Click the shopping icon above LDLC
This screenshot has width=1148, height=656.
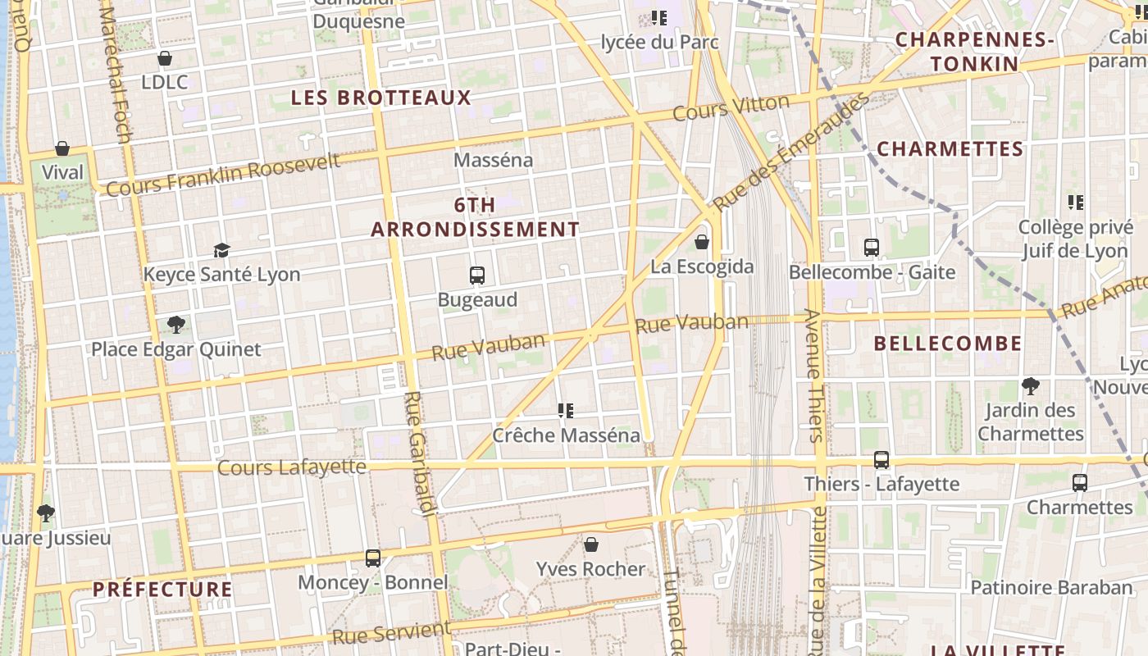coord(165,58)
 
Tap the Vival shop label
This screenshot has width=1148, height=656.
coord(62,172)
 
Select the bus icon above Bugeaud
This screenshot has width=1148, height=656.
coord(477,276)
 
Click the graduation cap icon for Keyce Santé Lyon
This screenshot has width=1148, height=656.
coord(221,250)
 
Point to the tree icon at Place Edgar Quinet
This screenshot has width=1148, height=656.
coord(175,325)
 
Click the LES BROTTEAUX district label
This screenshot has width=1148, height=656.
coord(381,98)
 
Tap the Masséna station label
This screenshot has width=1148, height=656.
coord(494,160)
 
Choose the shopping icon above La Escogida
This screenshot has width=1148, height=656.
coord(702,242)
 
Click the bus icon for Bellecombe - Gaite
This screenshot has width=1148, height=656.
coord(872,247)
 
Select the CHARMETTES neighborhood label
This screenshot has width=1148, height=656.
coord(950,149)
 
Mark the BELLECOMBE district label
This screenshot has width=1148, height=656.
coord(948,344)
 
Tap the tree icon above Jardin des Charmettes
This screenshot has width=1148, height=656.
coord(1031,385)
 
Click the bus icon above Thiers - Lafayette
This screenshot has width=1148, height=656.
coord(881,460)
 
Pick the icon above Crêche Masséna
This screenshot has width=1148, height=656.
coord(566,410)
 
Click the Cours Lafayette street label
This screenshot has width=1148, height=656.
coord(292,467)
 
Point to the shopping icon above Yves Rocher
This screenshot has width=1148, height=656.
coord(590,544)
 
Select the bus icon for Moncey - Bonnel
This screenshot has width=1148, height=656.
coord(373,558)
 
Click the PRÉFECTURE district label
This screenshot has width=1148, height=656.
coord(162,590)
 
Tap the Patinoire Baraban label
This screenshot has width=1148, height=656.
coord(1051,587)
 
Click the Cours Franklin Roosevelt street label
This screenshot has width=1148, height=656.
coord(223,175)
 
